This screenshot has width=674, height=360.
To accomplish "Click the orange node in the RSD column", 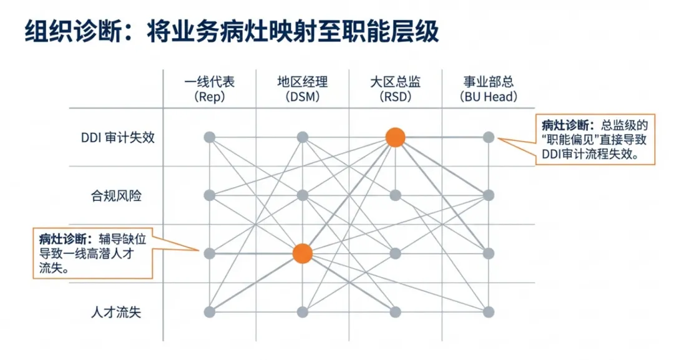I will (395, 137).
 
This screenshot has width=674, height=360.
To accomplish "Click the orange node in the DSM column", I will (302, 253).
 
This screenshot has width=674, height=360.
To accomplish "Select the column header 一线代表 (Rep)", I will (210, 89).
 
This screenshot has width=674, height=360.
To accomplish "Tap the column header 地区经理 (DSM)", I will (302, 89).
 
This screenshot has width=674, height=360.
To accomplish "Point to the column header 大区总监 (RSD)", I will (395, 89).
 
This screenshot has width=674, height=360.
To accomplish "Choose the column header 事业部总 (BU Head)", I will (488, 89).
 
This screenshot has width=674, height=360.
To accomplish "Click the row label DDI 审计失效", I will (118, 137).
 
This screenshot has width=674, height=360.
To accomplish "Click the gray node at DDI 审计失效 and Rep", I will (210, 137).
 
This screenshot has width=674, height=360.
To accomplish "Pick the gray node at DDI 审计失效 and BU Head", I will (488, 137).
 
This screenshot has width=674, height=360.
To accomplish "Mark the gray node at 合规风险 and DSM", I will (302, 195).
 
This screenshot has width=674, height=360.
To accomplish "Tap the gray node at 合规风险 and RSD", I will (395, 195).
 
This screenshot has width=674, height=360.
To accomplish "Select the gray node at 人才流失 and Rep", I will (210, 312).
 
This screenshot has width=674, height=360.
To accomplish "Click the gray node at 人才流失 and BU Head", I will (488, 312).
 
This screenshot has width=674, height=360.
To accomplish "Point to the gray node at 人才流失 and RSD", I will (395, 312).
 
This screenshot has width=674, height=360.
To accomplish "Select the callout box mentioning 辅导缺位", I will (94, 254).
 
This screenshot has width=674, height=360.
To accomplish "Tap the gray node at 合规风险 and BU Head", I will (488, 195).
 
